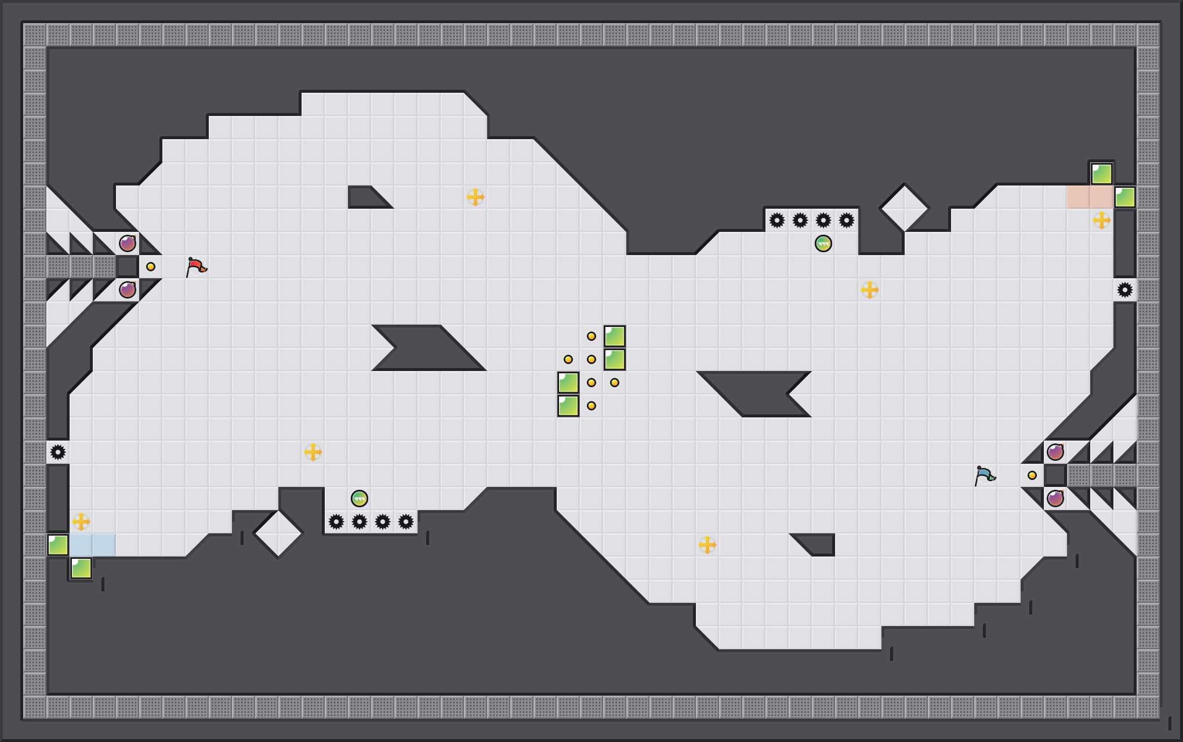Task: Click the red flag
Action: click(196, 267)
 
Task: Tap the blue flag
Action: click(985, 475)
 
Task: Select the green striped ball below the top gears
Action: click(823, 243)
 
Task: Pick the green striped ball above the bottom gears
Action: click(360, 499)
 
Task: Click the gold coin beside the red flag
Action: click(151, 267)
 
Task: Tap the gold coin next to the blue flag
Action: click(1032, 475)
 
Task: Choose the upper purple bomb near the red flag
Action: click(128, 243)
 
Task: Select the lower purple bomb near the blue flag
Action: click(1055, 499)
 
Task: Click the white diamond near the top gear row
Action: click(905, 208)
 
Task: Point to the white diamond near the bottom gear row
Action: click(278, 533)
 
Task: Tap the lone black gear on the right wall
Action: click(1125, 290)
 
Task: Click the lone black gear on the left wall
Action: click(58, 452)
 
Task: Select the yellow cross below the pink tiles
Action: click(1102, 220)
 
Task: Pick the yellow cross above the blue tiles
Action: click(81, 522)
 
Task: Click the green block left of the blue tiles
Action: click(58, 545)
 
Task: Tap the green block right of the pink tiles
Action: click(1125, 197)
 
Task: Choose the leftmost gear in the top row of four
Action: click(777, 220)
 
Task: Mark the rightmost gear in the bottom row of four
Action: click(406, 522)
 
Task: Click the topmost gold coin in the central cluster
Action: click(591, 336)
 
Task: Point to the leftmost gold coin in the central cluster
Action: click(568, 359)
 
